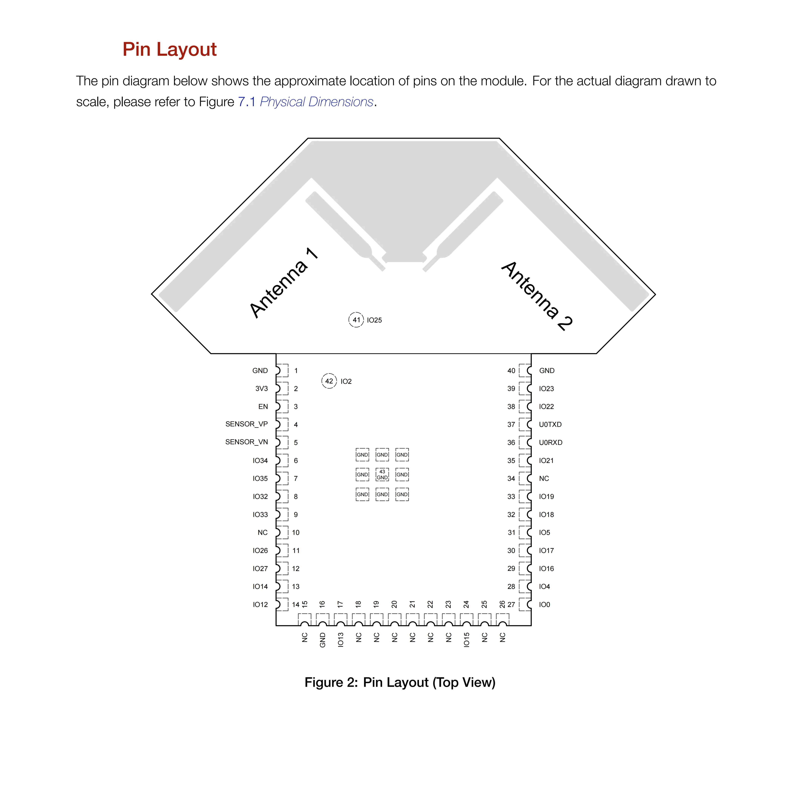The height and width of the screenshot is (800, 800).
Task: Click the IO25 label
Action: tap(374, 320)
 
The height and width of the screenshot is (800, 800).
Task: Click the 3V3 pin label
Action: tap(261, 388)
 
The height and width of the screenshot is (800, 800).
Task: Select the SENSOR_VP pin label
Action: tap(246, 424)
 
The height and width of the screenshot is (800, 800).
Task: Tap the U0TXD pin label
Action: tap(550, 424)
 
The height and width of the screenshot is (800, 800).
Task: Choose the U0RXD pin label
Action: tap(550, 442)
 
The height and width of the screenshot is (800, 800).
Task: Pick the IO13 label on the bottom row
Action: tap(340, 640)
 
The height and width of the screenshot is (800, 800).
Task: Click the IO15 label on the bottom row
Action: tap(466, 640)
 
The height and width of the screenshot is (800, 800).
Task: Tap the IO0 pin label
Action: tap(544, 604)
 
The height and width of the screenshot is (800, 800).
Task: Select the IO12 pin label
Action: tap(260, 604)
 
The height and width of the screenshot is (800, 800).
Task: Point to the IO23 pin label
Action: tap(546, 388)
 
